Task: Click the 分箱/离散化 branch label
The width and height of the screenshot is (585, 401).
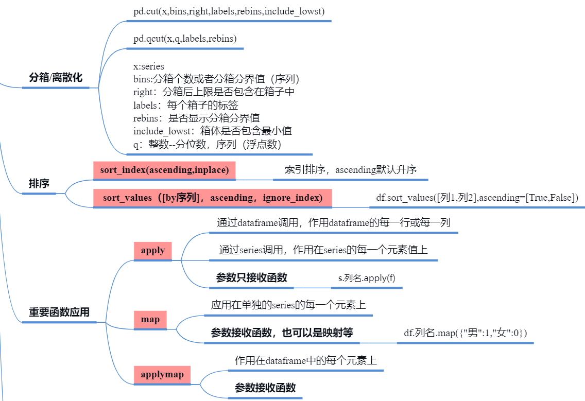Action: pos(56,78)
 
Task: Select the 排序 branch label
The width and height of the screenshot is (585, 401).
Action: pos(39,184)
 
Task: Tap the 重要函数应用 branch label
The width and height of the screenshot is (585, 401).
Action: pos(59,312)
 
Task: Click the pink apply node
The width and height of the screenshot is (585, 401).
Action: pos(153,251)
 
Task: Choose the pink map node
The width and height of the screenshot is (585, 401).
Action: pos(150,320)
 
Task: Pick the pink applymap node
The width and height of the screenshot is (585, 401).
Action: pos(162,374)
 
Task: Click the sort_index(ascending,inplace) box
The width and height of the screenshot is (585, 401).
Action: pos(164,170)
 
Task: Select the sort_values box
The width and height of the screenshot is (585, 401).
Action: pos(213,198)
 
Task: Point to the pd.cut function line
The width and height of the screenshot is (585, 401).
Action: pos(229,11)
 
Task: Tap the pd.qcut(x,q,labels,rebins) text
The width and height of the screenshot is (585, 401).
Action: pos(185,39)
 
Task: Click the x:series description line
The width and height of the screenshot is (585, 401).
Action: pos(149,67)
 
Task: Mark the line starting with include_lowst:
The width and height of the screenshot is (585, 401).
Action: pos(213,131)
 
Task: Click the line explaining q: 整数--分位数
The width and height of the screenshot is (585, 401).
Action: pos(207,145)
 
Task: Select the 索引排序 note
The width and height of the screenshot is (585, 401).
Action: pos(350,170)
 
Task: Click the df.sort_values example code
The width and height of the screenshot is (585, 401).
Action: pos(477,198)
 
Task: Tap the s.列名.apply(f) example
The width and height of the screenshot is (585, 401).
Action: pos(367,278)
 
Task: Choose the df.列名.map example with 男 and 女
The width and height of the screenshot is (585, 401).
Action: pos(466,333)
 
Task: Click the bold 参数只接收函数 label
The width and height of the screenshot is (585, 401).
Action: pos(252,278)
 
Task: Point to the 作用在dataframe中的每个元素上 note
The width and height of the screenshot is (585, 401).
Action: pos(306,360)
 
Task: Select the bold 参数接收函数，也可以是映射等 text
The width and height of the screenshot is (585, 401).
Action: pos(282,333)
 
